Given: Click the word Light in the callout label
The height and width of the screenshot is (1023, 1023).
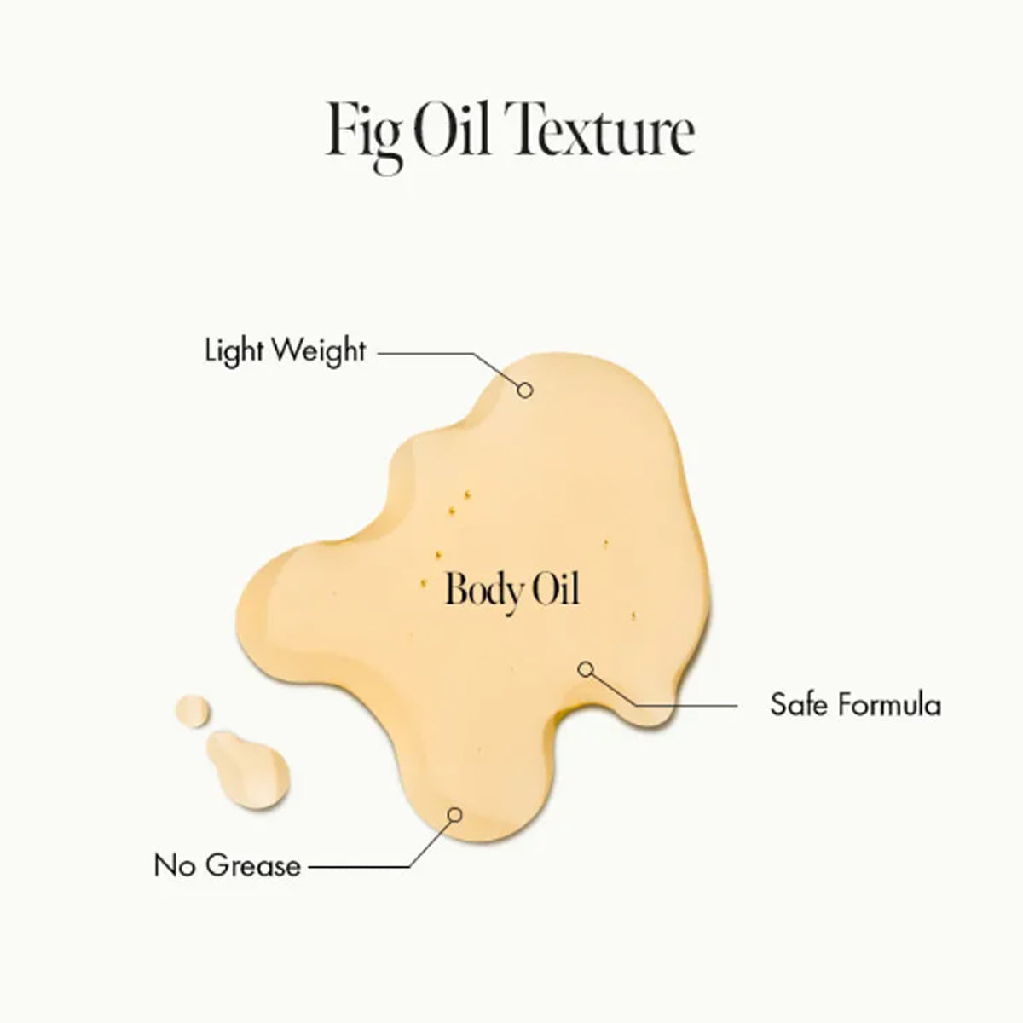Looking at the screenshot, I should tap(233, 350).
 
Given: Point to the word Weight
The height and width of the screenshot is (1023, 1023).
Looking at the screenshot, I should tap(319, 351).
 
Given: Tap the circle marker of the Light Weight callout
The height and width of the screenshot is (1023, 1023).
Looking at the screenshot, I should tap(526, 390).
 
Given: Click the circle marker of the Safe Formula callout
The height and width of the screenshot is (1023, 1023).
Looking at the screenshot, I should tap(585, 669).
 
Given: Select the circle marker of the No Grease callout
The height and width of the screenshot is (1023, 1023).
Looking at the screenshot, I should tap(455, 814).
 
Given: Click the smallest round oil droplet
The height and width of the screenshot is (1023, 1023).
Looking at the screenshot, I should tap(193, 711).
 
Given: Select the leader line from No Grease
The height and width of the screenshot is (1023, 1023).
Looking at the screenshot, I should tap(358, 867).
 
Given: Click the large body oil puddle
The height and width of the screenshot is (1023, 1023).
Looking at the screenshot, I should tap(511, 511).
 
